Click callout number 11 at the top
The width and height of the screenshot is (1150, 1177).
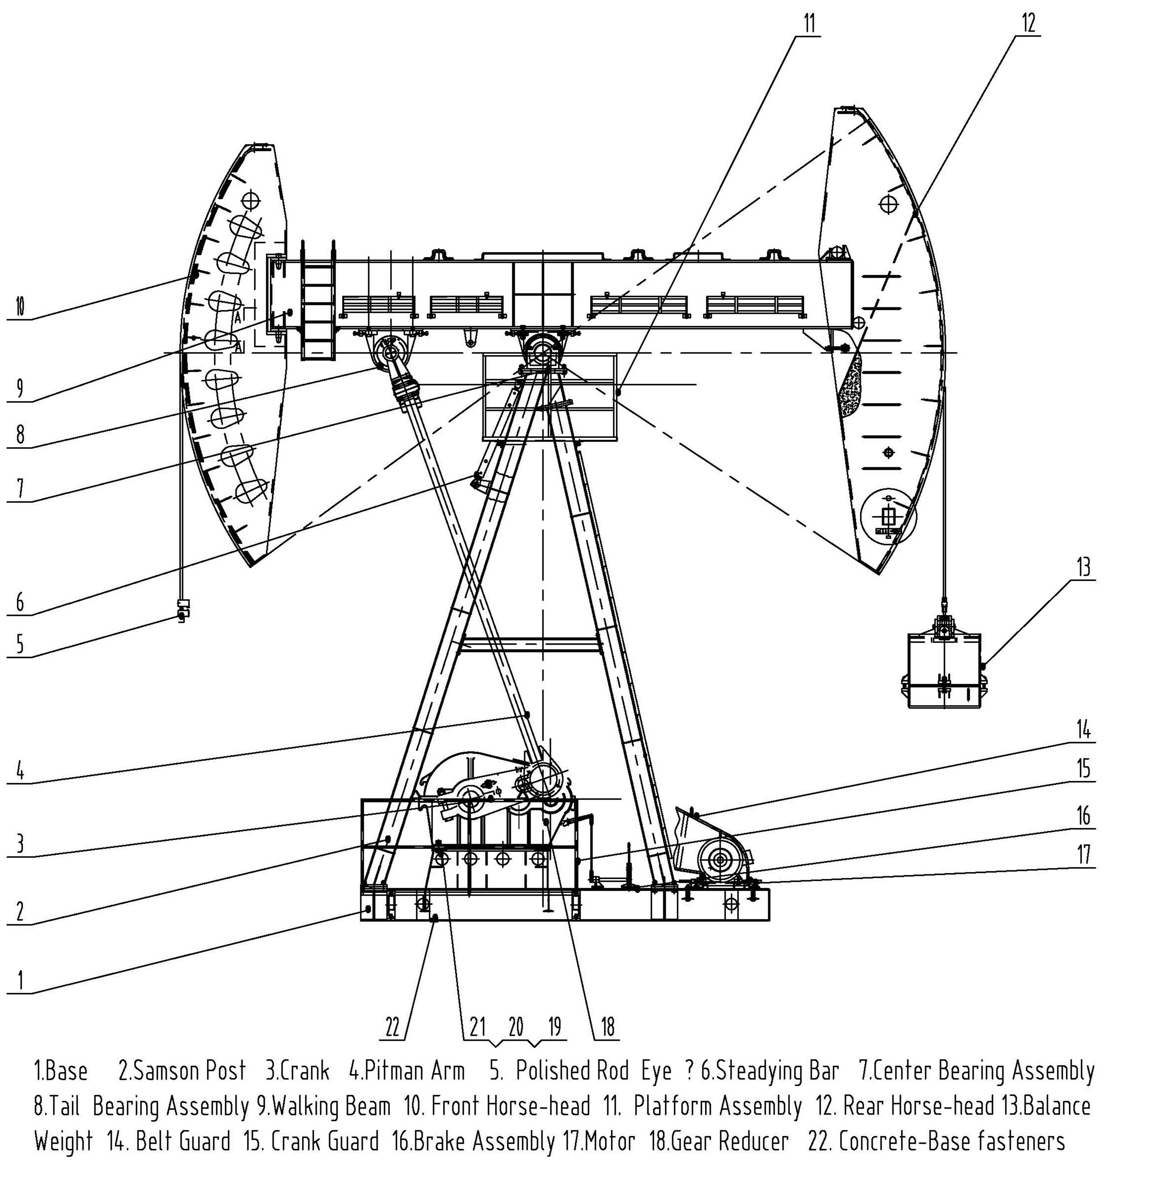(809, 24)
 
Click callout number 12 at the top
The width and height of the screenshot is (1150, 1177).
(1029, 23)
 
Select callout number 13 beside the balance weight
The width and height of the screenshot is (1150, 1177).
(1084, 567)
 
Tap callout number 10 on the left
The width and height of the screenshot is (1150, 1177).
(19, 307)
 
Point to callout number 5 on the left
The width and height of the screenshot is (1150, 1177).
(19, 644)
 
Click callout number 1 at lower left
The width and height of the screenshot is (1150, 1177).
(20, 979)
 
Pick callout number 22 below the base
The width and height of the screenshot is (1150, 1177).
(393, 1027)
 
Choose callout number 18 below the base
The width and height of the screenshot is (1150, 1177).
(607, 1027)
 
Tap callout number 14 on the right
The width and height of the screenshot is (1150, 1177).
(1084, 730)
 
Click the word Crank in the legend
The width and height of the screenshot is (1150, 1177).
(305, 1071)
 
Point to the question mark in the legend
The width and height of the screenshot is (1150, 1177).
(689, 1071)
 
